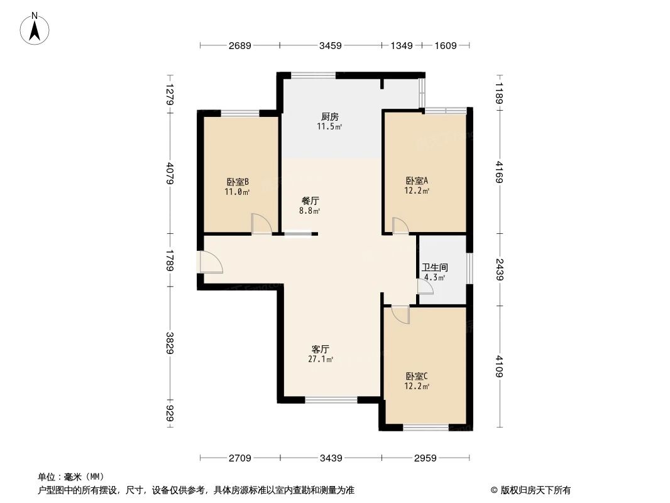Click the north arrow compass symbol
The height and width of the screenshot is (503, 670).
pyautogui.click(x=35, y=28)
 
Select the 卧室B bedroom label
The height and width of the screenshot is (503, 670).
pyautogui.click(x=238, y=182)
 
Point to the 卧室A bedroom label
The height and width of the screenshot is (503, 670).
pyautogui.click(x=417, y=180)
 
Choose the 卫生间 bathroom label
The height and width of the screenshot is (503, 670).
pyautogui.click(x=434, y=267)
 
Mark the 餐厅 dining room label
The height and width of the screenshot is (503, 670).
pyautogui.click(x=310, y=201)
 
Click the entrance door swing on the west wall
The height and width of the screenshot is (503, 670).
pyautogui.click(x=209, y=262)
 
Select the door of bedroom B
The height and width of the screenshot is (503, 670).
pyautogui.click(x=261, y=224)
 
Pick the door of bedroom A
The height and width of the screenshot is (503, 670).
pyautogui.click(x=400, y=226)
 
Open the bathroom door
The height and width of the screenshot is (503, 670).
pyautogui.click(x=425, y=287)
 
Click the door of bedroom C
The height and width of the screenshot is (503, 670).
pyautogui.click(x=399, y=314)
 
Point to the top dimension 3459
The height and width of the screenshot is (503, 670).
pyautogui.click(x=330, y=45)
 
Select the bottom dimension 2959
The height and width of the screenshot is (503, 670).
pyautogui.click(x=426, y=458)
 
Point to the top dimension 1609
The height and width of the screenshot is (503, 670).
pyautogui.click(x=445, y=45)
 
